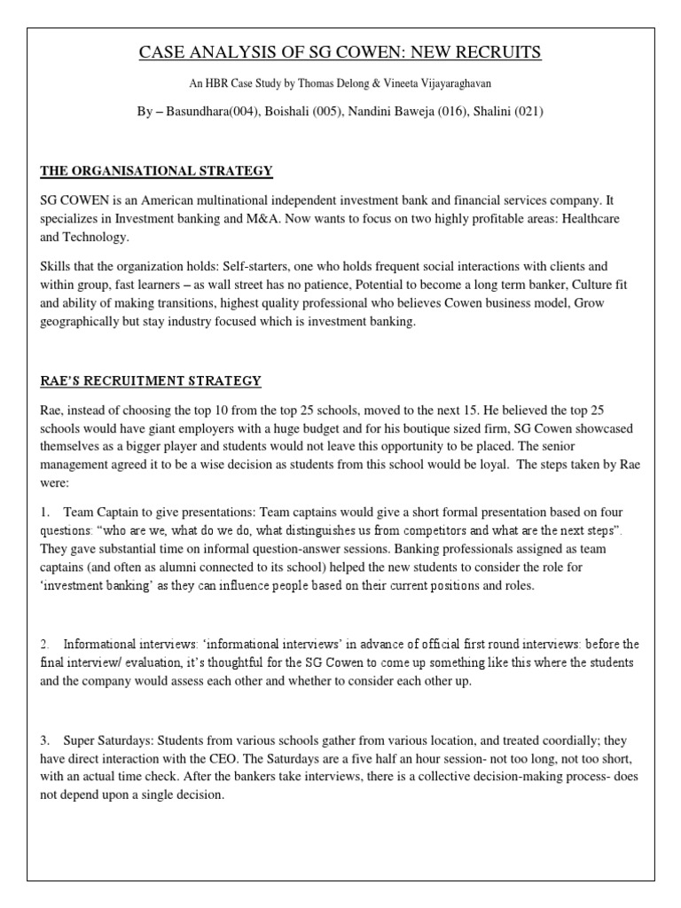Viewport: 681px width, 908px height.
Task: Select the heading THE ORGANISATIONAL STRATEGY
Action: [156, 170]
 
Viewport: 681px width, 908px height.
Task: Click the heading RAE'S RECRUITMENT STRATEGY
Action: [151, 381]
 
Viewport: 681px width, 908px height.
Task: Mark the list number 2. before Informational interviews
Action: [46, 643]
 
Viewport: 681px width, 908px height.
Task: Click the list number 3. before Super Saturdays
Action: [46, 738]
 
